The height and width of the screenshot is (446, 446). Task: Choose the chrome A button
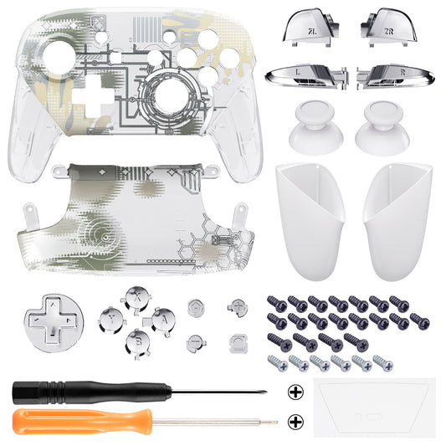pyautogui.click(x=161, y=319)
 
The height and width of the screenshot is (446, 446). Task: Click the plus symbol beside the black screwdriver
pyautogui.click(x=295, y=391)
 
